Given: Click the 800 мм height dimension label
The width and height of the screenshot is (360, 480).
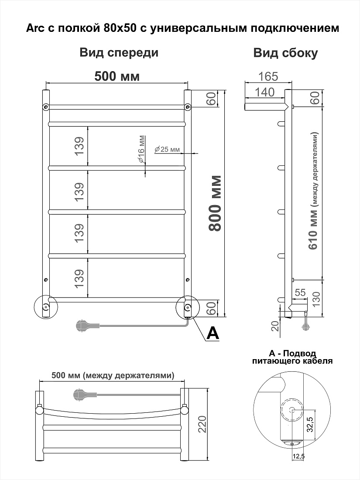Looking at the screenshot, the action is point(214,203).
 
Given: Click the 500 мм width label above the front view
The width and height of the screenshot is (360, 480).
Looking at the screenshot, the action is point(117,76).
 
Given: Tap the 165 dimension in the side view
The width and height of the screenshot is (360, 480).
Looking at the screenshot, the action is point(268,76).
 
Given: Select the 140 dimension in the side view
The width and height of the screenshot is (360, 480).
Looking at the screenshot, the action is point(265,92).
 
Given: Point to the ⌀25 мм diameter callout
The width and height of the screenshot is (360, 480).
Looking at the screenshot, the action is point(167,149).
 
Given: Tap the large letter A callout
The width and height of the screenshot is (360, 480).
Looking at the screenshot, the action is point(213,333).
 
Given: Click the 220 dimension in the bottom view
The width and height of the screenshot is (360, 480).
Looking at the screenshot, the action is point(202,424).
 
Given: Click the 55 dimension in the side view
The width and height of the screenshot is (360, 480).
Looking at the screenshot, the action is point(300,293).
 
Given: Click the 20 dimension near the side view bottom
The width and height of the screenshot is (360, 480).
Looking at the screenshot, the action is point(276,326).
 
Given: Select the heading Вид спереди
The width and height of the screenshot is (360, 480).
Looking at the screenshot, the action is point(119,52).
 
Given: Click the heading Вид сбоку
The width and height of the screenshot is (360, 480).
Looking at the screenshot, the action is point(286,53).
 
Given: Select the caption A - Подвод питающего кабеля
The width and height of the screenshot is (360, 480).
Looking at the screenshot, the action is point(292,357).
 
